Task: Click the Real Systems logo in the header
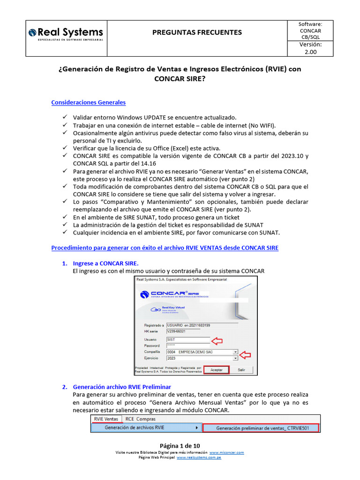point(66,34)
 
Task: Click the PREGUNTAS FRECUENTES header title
point(197,32)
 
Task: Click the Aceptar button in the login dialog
point(216,370)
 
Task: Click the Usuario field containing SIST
point(187,339)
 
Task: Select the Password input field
point(187,345)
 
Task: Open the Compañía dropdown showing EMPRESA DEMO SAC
point(202,352)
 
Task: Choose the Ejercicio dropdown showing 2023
point(202,358)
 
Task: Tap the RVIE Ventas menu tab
point(106,419)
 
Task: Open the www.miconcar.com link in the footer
point(227,452)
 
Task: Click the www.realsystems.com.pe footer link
point(199,457)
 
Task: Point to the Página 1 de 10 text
point(180,445)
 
